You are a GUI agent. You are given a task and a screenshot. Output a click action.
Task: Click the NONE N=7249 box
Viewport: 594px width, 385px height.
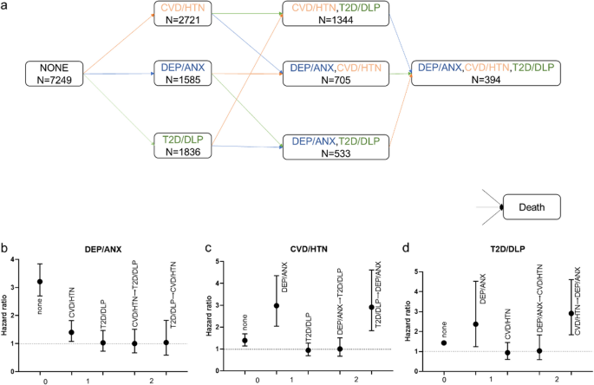tap(55, 73)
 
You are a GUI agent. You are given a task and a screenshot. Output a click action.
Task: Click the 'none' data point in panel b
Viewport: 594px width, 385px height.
tap(40, 281)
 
